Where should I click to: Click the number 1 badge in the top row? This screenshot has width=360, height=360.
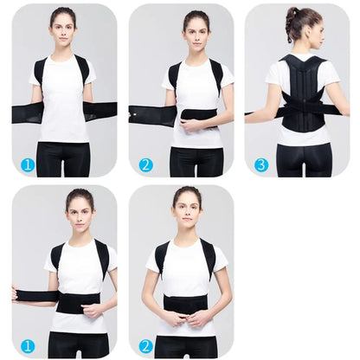[28, 164]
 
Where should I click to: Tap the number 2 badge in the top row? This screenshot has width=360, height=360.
[145, 164]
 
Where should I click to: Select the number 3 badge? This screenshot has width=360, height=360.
[260, 164]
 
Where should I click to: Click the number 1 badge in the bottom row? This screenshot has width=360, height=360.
[28, 345]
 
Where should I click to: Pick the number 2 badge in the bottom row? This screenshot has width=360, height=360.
[145, 345]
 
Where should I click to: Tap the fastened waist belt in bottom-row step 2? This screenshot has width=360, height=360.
[185, 304]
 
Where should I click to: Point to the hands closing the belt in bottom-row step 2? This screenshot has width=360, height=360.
[185, 318]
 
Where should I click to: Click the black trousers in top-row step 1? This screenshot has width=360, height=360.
[64, 158]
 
